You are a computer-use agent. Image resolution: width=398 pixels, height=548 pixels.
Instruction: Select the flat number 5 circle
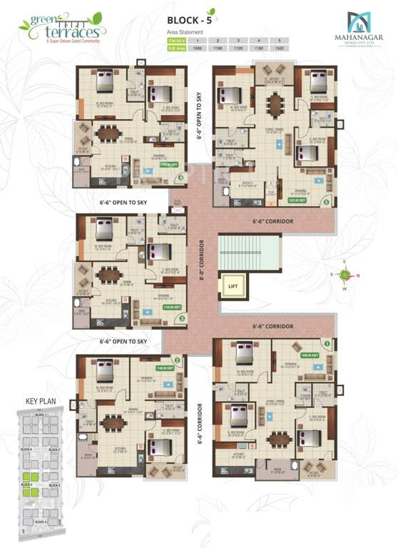[325, 203]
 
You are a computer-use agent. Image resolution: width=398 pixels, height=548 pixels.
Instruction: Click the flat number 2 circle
[177, 360]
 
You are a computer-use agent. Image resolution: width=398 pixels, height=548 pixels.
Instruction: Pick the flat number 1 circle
[327, 343]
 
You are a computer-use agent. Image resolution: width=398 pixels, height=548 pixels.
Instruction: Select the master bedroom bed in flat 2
[106, 372]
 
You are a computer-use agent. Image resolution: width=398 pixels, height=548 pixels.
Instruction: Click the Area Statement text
[185, 32]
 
